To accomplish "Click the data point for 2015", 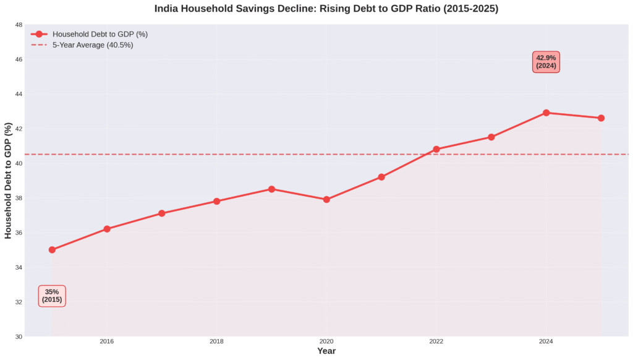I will (x=52, y=250).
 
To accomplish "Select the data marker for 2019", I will (x=271, y=189).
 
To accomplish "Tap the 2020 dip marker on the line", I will (x=326, y=200).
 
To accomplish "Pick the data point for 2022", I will (x=436, y=149).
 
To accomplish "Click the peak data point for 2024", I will (x=546, y=113).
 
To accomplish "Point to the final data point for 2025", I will (x=601, y=118).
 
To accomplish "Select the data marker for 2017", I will (x=161, y=213).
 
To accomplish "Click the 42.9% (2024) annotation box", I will (x=546, y=62).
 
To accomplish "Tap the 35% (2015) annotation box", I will (x=52, y=296).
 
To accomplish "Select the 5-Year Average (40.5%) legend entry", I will (x=92, y=45).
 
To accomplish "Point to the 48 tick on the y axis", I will (x=19, y=25).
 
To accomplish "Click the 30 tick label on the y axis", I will (x=19, y=336).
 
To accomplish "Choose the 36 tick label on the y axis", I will (x=19, y=233).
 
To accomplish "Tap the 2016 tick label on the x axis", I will (x=107, y=341).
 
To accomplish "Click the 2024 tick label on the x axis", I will (x=546, y=341).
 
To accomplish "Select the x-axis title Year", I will (x=326, y=351).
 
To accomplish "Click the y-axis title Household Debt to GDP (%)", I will (x=8, y=181).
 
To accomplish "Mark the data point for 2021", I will (x=381, y=177).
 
